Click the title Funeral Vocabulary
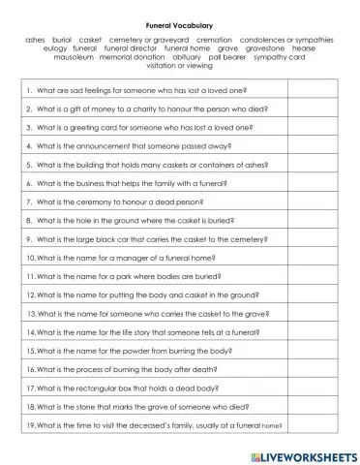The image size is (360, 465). (179, 28)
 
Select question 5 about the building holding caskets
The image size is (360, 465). (145, 164)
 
